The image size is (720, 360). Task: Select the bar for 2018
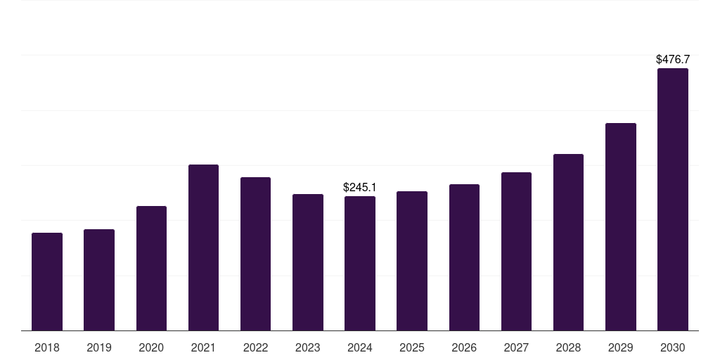click(x=47, y=281)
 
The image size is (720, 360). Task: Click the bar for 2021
click(x=203, y=247)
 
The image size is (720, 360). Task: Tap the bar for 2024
click(x=360, y=264)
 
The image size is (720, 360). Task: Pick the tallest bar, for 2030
click(x=673, y=199)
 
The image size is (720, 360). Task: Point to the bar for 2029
click(x=621, y=227)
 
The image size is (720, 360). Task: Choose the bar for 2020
click(x=152, y=268)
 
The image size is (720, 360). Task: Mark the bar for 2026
click(x=464, y=257)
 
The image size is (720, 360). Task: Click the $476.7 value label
click(x=673, y=59)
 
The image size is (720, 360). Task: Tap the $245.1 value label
click(x=359, y=187)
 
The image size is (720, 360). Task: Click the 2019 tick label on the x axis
click(x=99, y=347)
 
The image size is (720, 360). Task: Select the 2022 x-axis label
click(x=255, y=347)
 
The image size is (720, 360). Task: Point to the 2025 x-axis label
click(x=412, y=347)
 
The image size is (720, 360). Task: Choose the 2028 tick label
click(x=568, y=347)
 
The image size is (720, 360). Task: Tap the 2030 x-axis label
click(x=673, y=347)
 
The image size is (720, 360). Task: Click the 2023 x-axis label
click(x=308, y=347)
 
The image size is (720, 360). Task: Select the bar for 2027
click(x=517, y=252)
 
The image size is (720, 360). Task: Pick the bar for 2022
click(x=255, y=254)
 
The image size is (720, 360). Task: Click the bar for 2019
click(x=99, y=280)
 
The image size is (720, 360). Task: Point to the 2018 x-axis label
click(x=47, y=347)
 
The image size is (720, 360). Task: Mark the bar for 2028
click(x=568, y=243)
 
